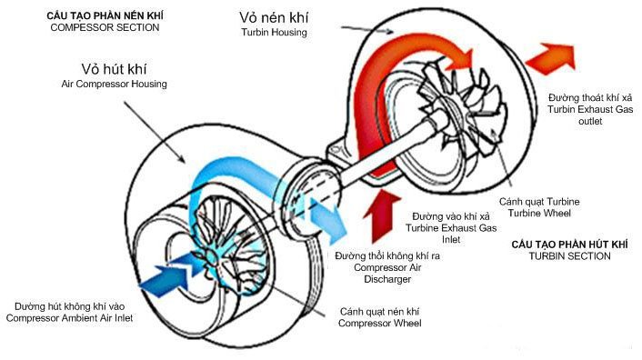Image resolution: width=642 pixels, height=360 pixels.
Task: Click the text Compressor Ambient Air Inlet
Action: click(69, 317)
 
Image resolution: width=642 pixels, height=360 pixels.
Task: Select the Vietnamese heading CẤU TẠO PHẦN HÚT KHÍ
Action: click(567, 245)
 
